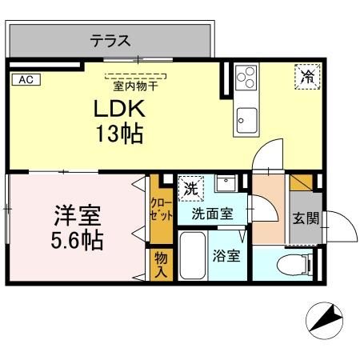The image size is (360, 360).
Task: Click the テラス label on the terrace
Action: pyautogui.click(x=110, y=40)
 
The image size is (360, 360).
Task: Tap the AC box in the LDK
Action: pyautogui.click(x=26, y=78)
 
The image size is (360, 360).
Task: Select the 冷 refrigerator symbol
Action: pyautogui.click(x=306, y=77)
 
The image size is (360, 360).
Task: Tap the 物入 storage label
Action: pyautogui.click(x=160, y=263)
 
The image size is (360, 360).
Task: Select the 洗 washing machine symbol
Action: pyautogui.click(x=190, y=190)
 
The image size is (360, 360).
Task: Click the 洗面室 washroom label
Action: pyautogui.click(x=212, y=214)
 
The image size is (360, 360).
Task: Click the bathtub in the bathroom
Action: pyautogui.click(x=192, y=257)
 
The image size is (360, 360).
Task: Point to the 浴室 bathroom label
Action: pyautogui.click(x=226, y=257)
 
